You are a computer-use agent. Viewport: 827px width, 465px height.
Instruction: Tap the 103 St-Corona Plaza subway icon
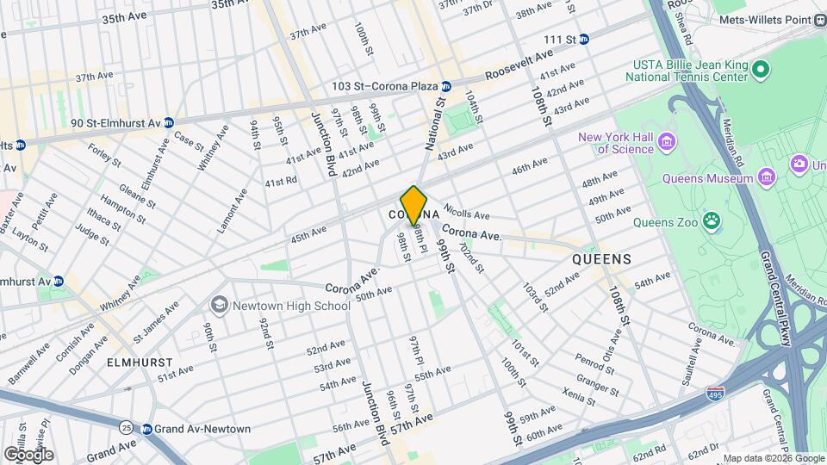coord(446,86)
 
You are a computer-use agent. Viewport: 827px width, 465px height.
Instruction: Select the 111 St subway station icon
coord(584,39)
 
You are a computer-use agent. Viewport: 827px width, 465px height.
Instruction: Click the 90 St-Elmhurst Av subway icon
coord(169,122)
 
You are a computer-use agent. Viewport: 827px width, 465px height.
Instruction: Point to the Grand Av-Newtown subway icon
coord(147,429)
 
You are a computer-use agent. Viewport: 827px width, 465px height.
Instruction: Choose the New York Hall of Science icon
coord(665,141)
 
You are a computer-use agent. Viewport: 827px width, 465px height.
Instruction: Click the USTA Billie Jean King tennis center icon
coord(760,69)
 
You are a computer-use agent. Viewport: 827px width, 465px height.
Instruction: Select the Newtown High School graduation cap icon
coord(220,305)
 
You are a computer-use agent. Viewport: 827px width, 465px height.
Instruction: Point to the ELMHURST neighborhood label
coord(140,363)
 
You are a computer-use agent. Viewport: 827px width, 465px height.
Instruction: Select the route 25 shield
coord(127,427)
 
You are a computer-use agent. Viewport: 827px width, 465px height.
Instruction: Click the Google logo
coord(28,454)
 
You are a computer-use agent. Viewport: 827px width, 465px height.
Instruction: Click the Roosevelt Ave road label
coord(519,65)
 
